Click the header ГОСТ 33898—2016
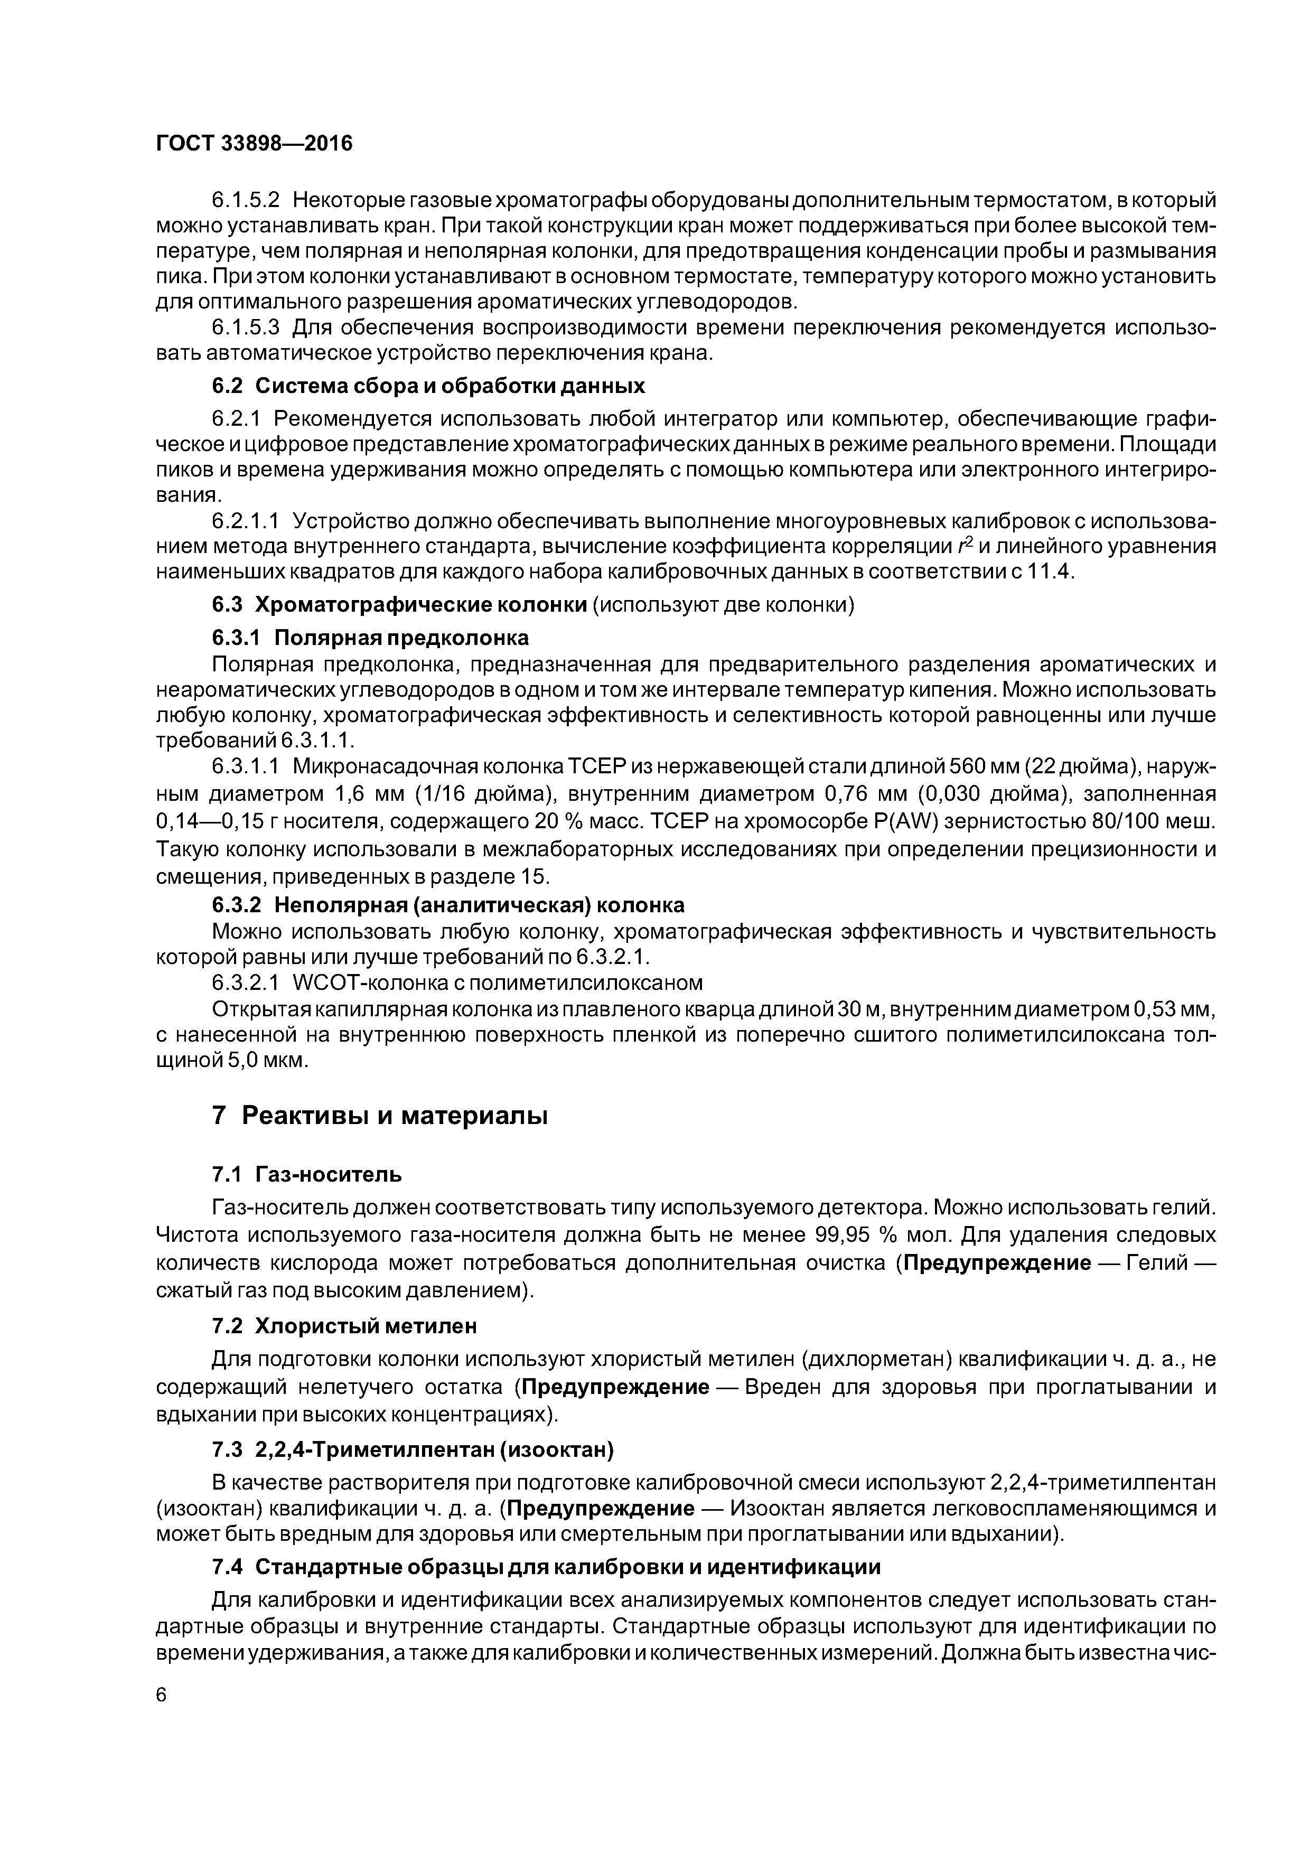(x=254, y=144)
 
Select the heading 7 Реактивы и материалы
(x=379, y=1116)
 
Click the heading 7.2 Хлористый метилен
(x=344, y=1326)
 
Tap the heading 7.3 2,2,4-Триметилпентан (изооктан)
(x=413, y=1450)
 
